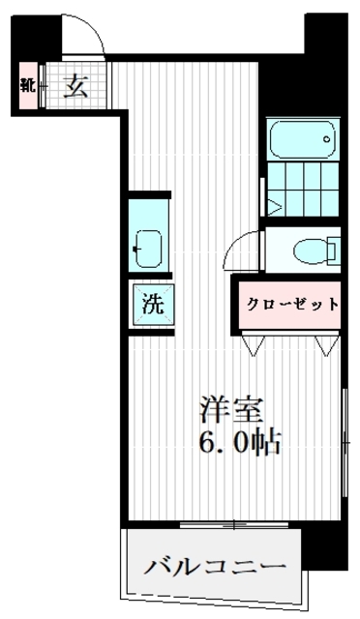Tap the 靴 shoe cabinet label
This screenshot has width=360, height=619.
click(x=27, y=85)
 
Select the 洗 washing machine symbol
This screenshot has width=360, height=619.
click(x=154, y=302)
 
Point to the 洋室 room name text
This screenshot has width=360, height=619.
click(x=230, y=409)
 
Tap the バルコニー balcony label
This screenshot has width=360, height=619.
click(x=216, y=566)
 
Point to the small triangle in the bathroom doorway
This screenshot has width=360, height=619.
click(x=274, y=205)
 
